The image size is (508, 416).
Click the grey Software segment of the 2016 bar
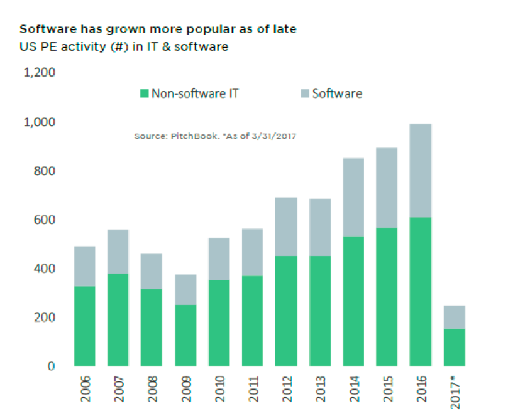point(420,171)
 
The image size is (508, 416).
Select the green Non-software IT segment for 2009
point(185,336)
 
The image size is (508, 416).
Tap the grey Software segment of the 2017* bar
point(454,317)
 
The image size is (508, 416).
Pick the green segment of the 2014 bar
point(353,301)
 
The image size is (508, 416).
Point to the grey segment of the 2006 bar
point(84,266)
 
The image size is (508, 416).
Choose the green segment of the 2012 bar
point(287,311)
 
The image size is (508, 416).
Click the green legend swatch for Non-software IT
point(144,93)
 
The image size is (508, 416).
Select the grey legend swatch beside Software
point(305,93)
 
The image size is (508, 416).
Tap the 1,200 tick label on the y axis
point(40,72)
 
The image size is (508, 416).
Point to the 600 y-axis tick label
point(45,220)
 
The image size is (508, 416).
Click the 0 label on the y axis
point(51,366)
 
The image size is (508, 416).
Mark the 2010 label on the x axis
point(219,388)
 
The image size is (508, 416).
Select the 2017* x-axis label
point(455,392)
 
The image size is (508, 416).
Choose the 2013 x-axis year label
point(321,388)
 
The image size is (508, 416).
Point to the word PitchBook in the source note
point(195,136)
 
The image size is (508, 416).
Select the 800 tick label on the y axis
point(45,171)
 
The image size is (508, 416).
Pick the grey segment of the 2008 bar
point(152,272)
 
